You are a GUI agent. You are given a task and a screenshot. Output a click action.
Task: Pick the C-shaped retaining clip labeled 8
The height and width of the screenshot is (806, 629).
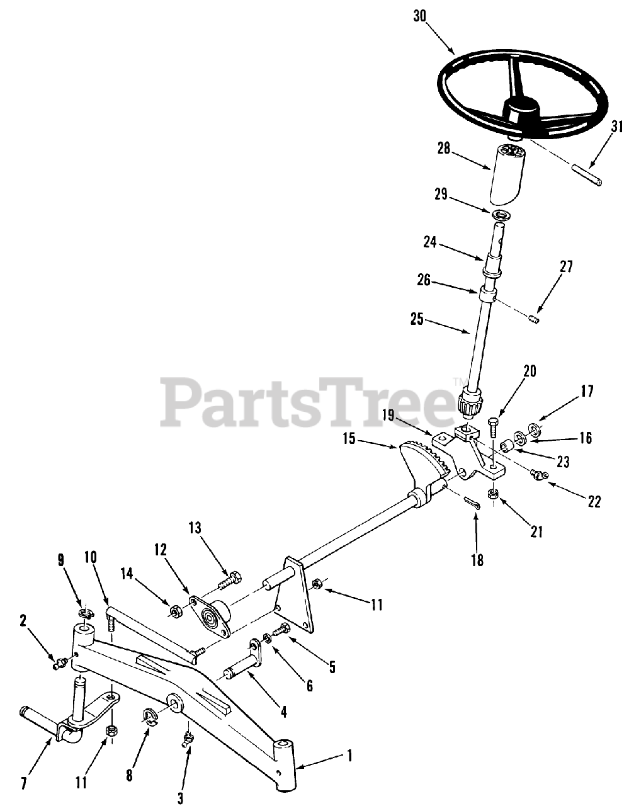click(149, 716)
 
